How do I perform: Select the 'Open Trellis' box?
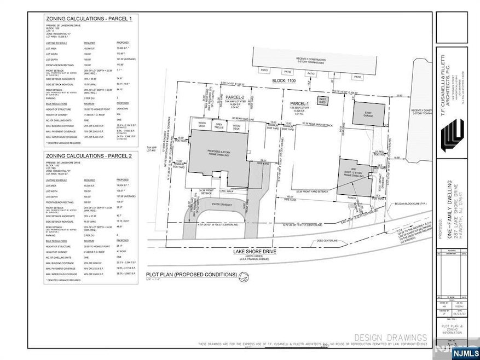(220, 125)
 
